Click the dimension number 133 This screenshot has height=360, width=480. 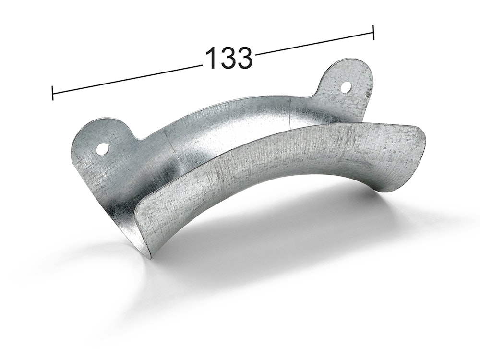coord(228,57)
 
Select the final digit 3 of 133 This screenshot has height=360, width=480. coord(244,57)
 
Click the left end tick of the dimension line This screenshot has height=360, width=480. coord(53,93)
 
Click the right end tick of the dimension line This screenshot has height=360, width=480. coord(373,33)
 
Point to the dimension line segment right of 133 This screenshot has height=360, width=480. coord(314,44)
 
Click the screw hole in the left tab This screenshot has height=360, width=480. coord(103,149)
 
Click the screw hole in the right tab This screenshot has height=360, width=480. coord(346,87)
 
